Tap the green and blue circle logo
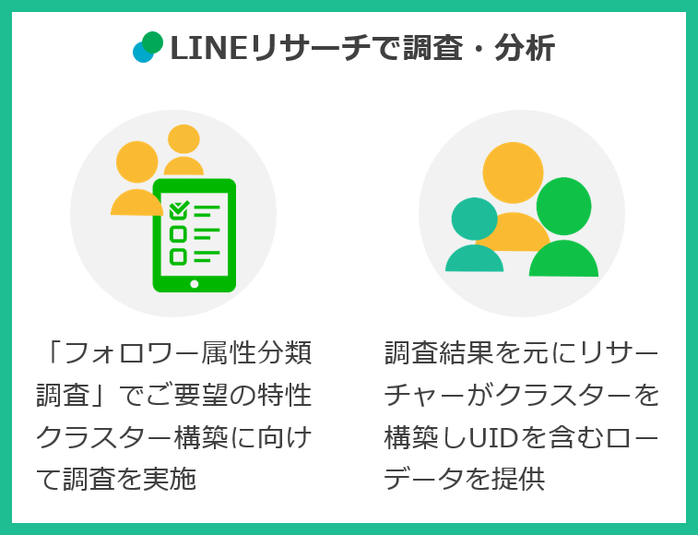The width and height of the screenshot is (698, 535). (x=148, y=47)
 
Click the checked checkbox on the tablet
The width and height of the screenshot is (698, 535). (x=179, y=210)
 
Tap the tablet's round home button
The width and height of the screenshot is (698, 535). (x=194, y=283)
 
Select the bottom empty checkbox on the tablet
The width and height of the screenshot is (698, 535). (x=178, y=256)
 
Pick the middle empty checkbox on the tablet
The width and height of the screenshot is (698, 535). (x=178, y=233)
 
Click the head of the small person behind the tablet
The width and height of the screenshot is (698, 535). (x=184, y=139)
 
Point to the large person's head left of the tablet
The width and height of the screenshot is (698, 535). (x=137, y=161)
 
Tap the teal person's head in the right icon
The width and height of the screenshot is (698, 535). (x=474, y=218)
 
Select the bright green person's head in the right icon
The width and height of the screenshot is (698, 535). (x=563, y=206)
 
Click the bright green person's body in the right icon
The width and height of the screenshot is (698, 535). (x=563, y=259)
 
